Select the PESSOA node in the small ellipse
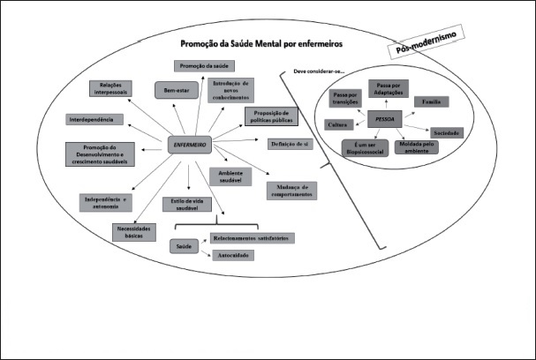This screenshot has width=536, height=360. pyautogui.click(x=385, y=116)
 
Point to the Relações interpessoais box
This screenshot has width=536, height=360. pyautogui.click(x=111, y=88)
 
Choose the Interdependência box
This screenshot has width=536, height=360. pyautogui.click(x=95, y=119)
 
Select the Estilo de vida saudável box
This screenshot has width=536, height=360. pyautogui.click(x=185, y=204)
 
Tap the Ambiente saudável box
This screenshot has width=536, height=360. pyautogui.click(x=231, y=176)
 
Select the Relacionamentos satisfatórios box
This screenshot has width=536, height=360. pyautogui.click(x=252, y=237)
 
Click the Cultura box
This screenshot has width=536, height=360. pyautogui.click(x=338, y=125)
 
